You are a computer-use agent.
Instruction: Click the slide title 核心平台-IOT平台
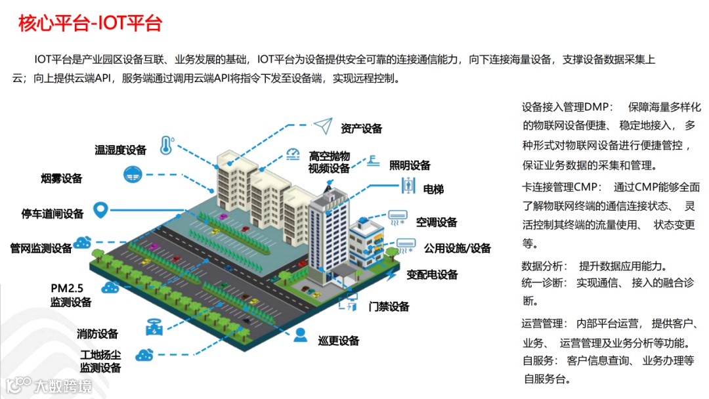pos(90,24)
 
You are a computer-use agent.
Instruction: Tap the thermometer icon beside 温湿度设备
pos(166,145)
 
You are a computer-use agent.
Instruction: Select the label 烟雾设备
pos(62,178)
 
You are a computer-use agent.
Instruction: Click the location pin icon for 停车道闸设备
pos(100,210)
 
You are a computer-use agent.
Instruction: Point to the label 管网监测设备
pos(41,248)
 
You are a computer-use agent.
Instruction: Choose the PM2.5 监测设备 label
pos(71,295)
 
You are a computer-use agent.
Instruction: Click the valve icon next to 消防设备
pos(155,327)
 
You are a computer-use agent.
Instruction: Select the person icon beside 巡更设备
pos(300,335)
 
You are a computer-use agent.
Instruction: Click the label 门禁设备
pos(389,306)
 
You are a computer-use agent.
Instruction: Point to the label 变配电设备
pos(431,275)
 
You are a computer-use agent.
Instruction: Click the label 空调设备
pos(437,222)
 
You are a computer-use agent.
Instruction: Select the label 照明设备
pos(410,165)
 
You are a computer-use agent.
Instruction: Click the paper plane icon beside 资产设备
pos(323,125)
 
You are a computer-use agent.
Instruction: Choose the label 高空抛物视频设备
pos(330,163)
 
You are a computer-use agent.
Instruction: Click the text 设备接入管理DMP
pos(567,107)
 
